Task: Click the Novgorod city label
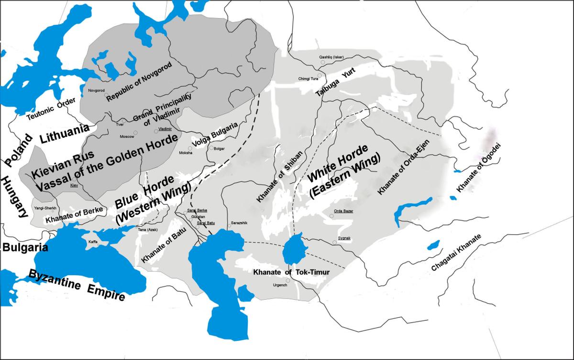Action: (96, 90)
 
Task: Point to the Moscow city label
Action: (127, 136)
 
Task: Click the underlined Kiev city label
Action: (74, 185)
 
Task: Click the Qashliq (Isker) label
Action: (331, 57)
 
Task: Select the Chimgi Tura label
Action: (308, 79)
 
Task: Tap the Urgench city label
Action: (280, 285)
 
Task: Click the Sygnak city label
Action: (344, 238)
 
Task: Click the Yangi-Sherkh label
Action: (45, 208)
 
